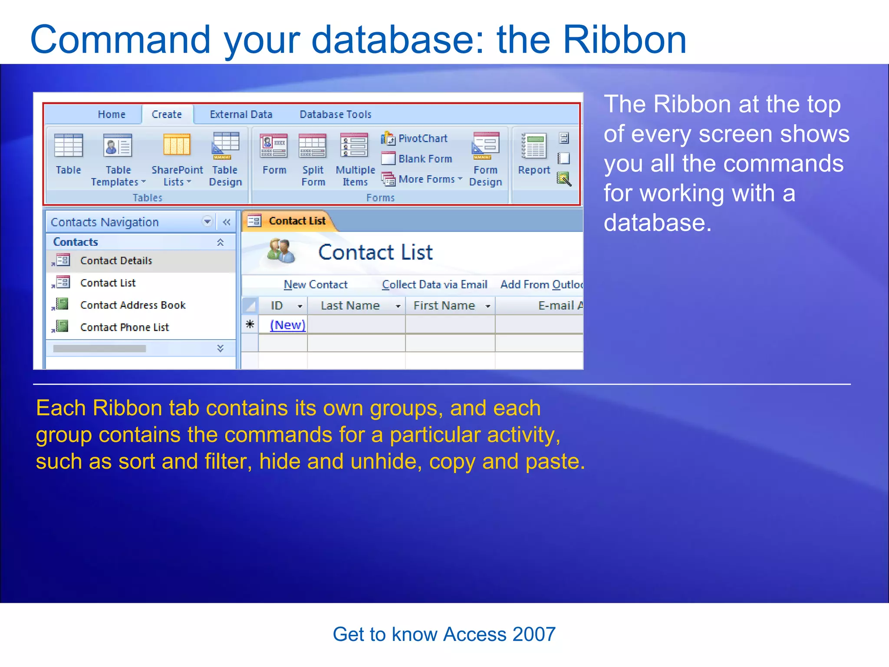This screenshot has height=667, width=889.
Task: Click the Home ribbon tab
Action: [112, 114]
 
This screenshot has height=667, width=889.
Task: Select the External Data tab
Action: [241, 114]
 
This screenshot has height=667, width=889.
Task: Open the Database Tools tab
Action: [336, 114]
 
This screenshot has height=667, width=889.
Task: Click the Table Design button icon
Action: [225, 146]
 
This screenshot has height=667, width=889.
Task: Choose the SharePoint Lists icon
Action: [177, 145]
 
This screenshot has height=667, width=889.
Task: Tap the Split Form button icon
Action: [313, 146]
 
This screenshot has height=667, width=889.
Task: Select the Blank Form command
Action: [417, 159]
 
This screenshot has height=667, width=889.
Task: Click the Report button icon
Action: [533, 146]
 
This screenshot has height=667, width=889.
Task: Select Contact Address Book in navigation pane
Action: [133, 305]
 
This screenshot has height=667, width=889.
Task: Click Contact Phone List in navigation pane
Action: [125, 327]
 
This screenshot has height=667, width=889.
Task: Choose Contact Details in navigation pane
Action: [116, 261]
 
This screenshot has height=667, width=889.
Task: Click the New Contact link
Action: [316, 284]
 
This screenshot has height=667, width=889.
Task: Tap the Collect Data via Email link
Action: [435, 284]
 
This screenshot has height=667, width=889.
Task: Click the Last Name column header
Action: [350, 306]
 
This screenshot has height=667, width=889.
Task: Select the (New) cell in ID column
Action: [287, 325]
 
